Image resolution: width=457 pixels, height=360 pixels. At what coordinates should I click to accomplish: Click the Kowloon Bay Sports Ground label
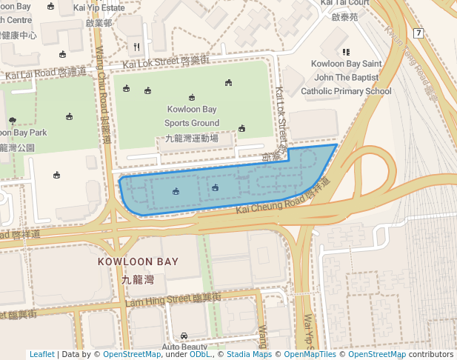coord(192,116)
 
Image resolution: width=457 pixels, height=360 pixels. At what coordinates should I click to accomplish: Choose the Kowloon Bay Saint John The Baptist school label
coord(346,77)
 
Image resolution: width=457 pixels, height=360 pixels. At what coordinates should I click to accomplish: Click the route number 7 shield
coord(418,33)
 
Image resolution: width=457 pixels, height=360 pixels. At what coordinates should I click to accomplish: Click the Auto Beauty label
coord(184,347)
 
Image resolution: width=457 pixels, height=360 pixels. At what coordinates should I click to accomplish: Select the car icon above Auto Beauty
coord(184,336)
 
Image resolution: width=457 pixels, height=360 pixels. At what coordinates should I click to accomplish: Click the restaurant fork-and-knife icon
coord(136,47)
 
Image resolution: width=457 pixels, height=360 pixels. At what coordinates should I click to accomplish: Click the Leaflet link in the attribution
coord(41,354)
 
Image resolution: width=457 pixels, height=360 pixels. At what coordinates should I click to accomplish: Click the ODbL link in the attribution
coord(201,354)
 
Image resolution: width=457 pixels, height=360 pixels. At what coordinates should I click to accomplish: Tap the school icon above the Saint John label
coord(346,52)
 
